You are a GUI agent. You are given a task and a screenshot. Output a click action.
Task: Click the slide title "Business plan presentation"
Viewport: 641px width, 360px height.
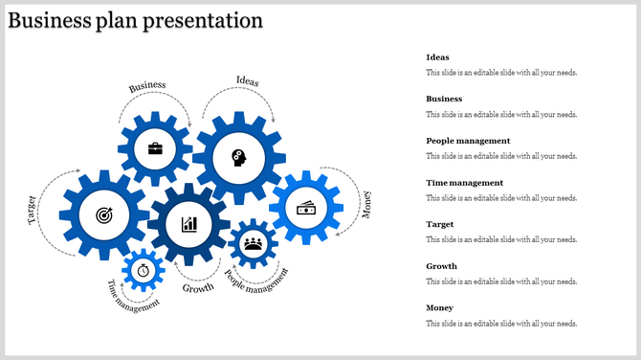point(135,20)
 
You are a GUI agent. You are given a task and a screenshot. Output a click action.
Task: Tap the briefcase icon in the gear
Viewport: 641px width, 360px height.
point(154,148)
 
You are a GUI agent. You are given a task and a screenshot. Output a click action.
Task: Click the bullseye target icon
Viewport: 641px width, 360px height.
point(103,216)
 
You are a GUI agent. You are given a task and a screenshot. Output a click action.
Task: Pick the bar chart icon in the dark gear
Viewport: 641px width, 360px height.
point(189,224)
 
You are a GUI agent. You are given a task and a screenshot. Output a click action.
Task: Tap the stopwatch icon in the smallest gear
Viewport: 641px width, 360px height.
point(144,270)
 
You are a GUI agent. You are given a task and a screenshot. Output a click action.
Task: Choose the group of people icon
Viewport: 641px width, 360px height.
point(254,243)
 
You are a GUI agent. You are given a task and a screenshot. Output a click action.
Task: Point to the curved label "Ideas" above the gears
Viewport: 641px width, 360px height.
point(247,80)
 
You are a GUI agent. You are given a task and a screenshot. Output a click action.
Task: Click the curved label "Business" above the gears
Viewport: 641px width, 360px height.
point(147,86)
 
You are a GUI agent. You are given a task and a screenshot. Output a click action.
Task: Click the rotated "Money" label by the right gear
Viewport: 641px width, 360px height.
point(365,204)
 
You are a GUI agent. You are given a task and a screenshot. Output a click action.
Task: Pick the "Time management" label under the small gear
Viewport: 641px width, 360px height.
point(132,296)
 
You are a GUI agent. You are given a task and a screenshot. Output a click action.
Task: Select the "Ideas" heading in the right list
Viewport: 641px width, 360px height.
point(437,57)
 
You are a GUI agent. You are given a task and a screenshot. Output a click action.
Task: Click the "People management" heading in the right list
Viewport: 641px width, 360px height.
point(468,141)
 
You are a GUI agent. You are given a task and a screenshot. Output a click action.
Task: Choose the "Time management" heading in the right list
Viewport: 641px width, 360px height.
point(464,182)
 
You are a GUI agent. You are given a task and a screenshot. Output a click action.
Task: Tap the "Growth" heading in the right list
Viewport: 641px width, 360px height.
point(441,266)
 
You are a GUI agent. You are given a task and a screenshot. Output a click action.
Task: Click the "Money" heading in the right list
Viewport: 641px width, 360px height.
point(439,307)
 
